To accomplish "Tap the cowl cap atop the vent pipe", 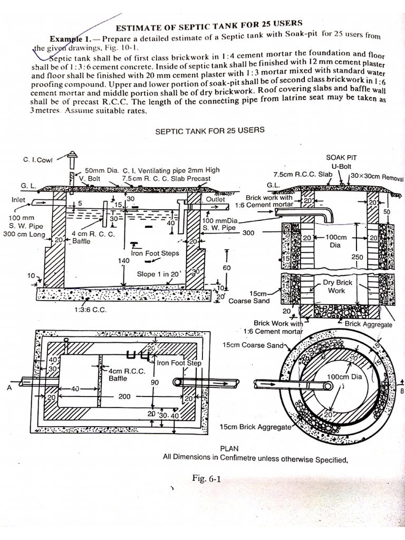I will click(x=72, y=155).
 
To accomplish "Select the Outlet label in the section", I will click(x=215, y=200).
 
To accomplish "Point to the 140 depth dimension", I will click(x=124, y=261).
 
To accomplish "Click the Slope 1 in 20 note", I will click(x=159, y=274).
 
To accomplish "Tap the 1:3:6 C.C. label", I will click(x=90, y=310).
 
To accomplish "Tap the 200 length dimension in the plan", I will click(x=124, y=396).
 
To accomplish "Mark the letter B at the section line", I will click(x=402, y=391).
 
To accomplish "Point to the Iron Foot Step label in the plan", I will click(x=179, y=363).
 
